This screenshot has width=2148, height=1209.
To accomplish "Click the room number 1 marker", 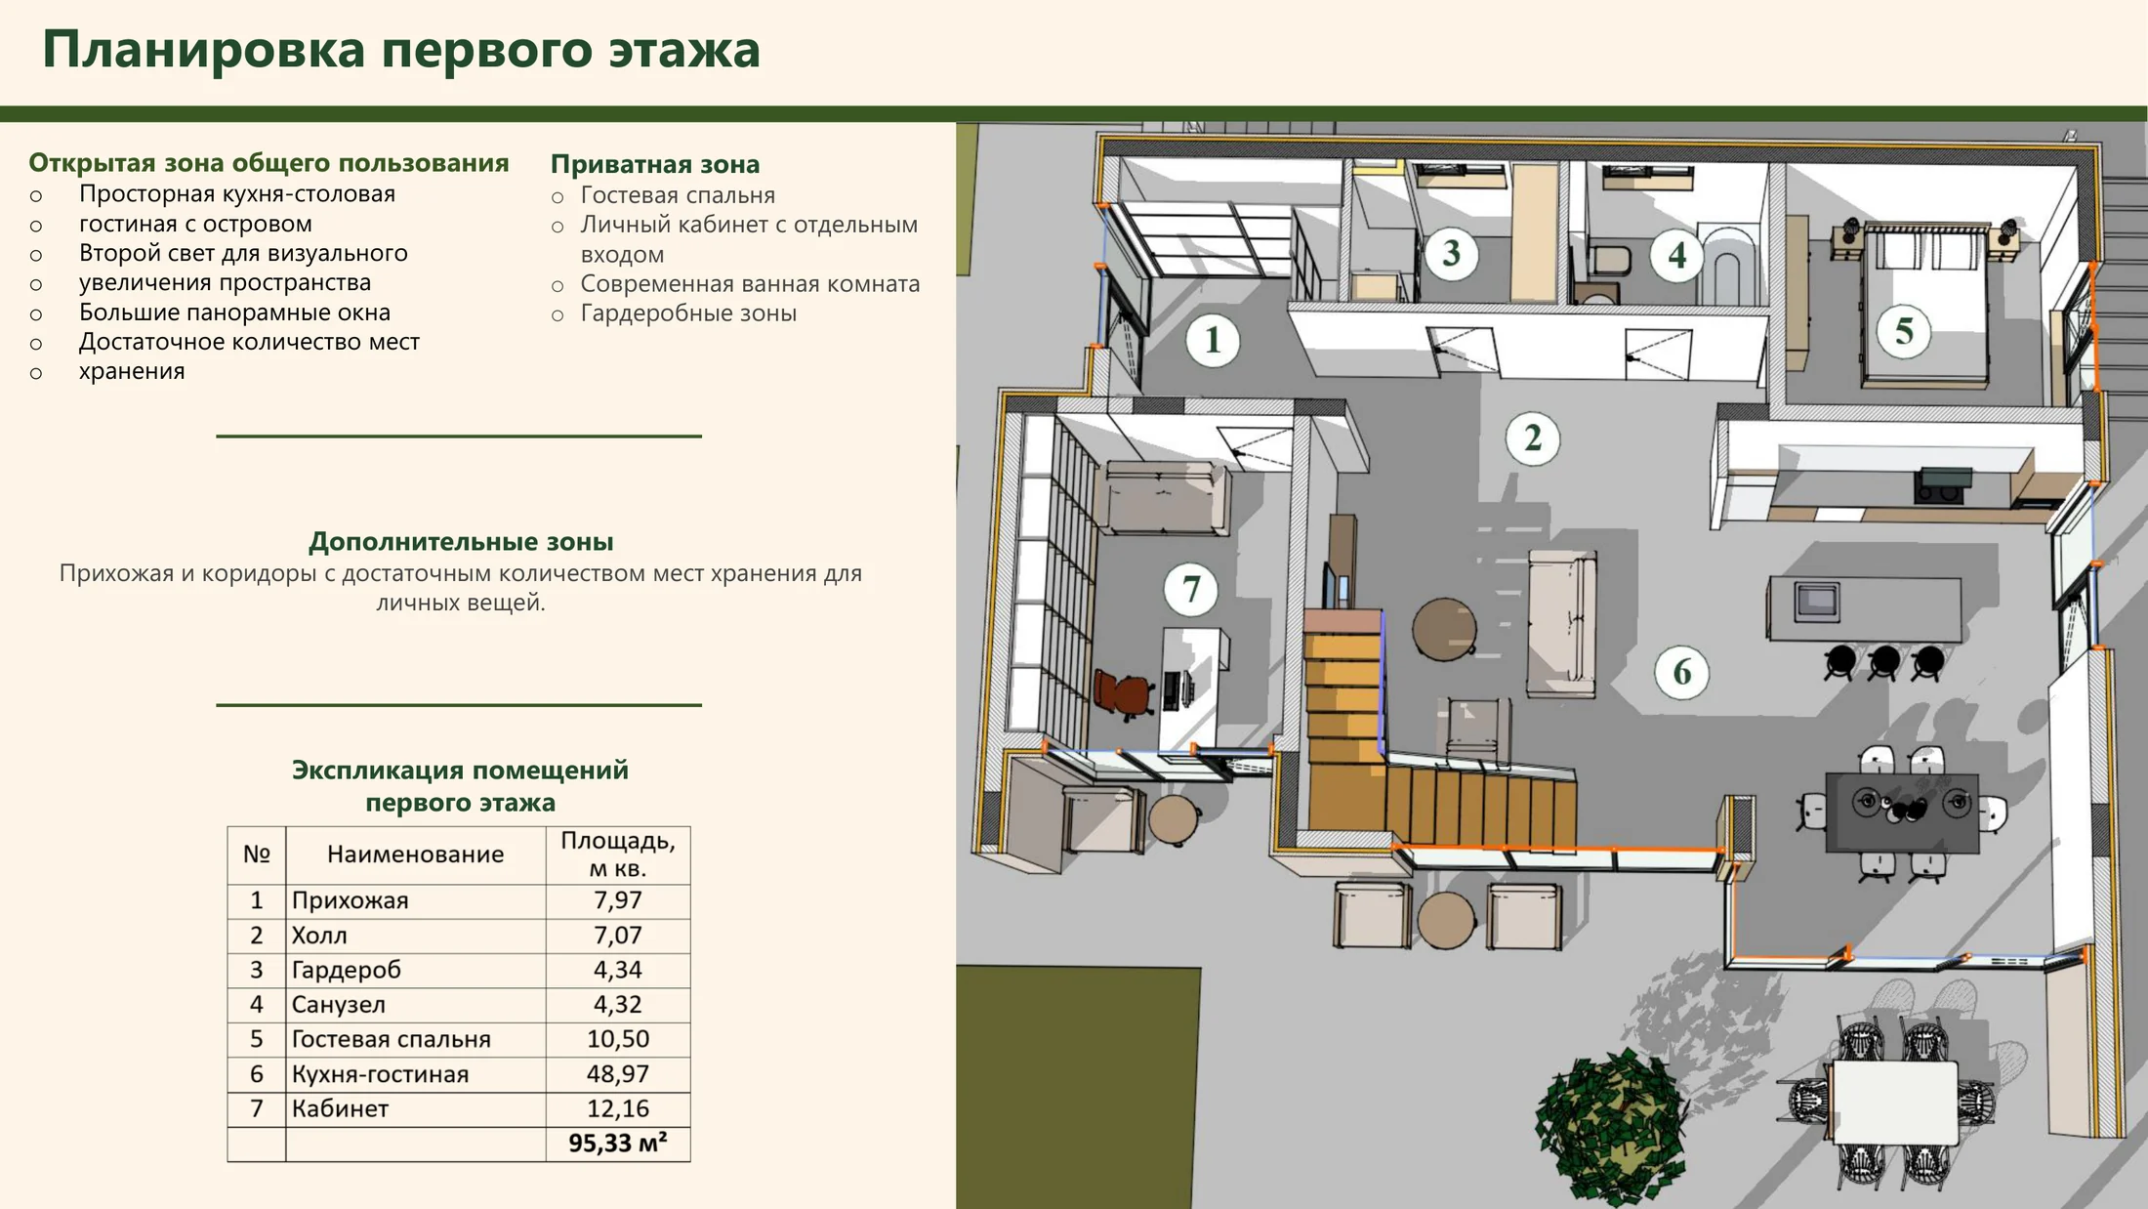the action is click(x=1213, y=340).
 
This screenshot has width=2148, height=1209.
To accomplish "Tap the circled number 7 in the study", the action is click(x=1191, y=589).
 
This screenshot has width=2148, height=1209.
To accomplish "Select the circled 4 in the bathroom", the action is click(x=1677, y=256).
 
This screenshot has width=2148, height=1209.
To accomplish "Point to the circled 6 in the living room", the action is click(x=1682, y=672).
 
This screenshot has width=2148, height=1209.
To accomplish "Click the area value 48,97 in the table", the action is click(x=618, y=1074).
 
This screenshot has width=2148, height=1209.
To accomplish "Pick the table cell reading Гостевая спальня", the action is click(x=391, y=1039).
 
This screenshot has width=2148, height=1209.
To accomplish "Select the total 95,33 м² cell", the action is click(x=618, y=1144).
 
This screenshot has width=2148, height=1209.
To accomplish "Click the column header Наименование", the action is click(x=416, y=855).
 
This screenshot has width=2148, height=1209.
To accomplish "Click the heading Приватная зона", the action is click(x=655, y=164).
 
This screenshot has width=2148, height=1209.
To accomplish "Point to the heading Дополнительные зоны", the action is click(x=461, y=542).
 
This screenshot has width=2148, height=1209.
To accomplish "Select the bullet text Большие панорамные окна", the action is click(x=234, y=313).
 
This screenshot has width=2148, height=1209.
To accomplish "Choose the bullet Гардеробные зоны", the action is click(x=688, y=313).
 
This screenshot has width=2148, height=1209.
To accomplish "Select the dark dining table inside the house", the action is click(x=1902, y=813).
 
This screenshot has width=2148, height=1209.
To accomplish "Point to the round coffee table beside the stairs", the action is click(x=1444, y=629).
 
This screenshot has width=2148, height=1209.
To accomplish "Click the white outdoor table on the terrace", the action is click(x=1895, y=1103).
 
